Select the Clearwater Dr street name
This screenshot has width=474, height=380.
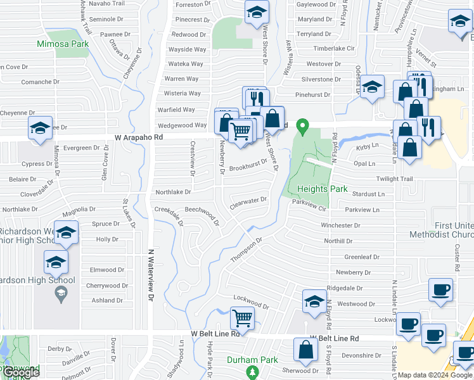(x=248, y=201)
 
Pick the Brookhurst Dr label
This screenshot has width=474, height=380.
(x=248, y=166)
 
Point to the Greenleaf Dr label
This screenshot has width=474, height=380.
(x=361, y=257)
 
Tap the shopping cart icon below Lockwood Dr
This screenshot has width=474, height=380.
(x=241, y=317)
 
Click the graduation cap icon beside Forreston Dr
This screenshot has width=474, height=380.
(x=257, y=12)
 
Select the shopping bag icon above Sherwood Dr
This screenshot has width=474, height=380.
(x=305, y=350)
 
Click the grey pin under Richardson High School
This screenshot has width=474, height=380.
(x=60, y=292)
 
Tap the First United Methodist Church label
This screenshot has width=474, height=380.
(x=454, y=231)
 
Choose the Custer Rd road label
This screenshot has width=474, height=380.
(x=456, y=258)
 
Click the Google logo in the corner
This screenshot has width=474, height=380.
(x=21, y=372)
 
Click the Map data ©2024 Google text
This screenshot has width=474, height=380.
(x=434, y=375)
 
